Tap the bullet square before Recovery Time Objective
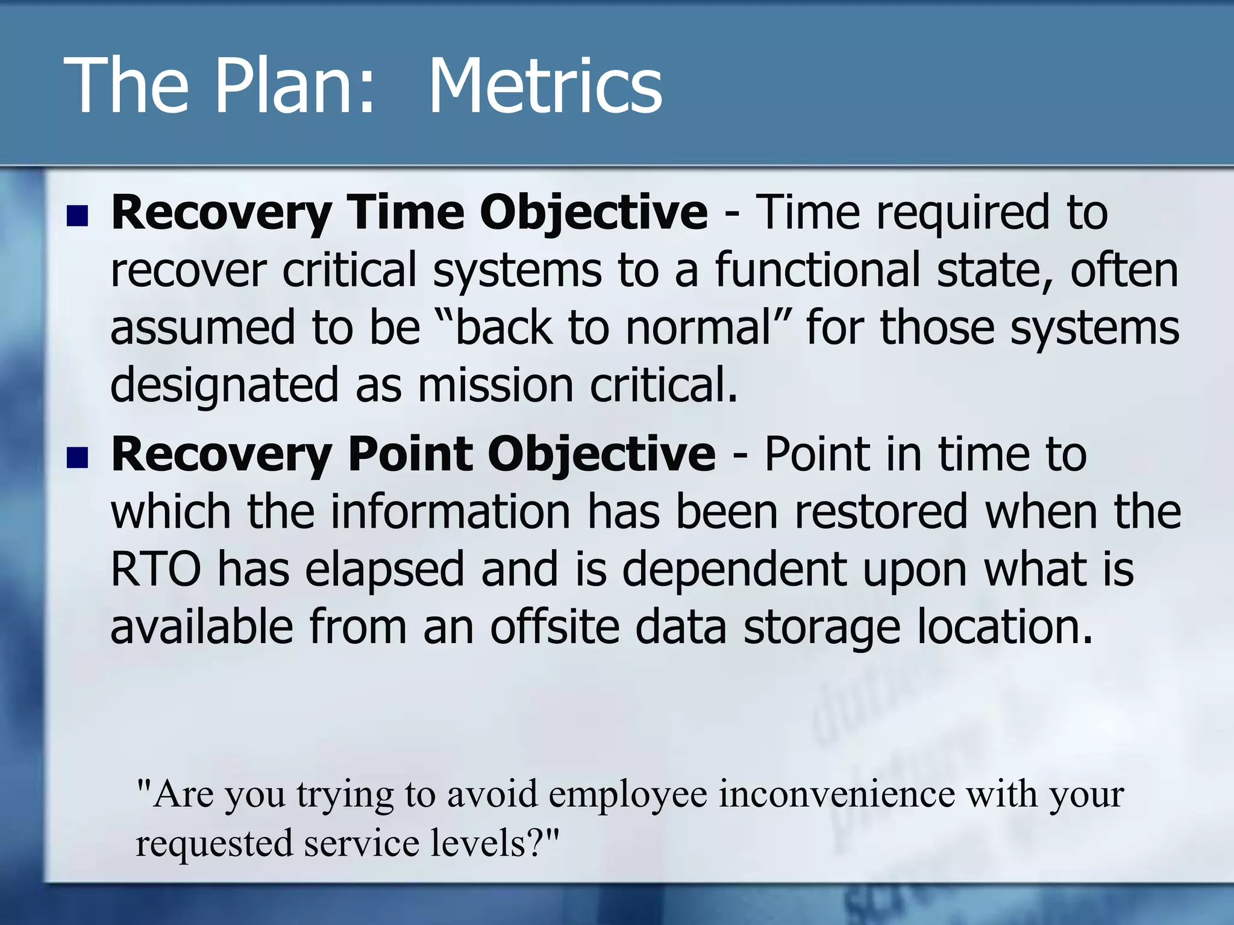(78, 216)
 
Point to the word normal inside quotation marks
(698, 328)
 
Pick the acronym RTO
(156, 568)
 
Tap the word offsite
(554, 626)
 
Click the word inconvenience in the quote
(837, 794)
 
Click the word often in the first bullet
(1124, 269)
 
